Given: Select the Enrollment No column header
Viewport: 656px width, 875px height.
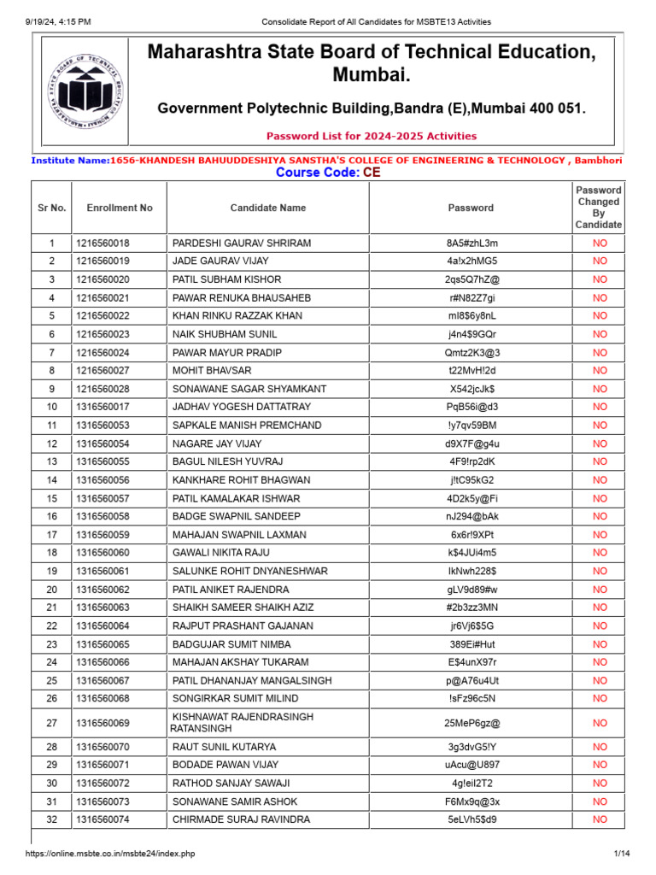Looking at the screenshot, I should pyautogui.click(x=120, y=208).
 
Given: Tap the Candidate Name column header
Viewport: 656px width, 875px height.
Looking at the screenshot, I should pyautogui.click(x=267, y=208).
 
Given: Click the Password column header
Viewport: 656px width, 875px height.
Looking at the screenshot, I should pyautogui.click(x=471, y=208).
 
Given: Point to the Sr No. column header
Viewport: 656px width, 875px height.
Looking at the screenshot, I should pyautogui.click(x=51, y=208).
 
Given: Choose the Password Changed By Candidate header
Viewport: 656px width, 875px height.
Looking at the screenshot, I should pyautogui.click(x=599, y=208).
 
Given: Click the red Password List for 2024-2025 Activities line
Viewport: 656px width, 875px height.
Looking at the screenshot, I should pyautogui.click(x=372, y=136).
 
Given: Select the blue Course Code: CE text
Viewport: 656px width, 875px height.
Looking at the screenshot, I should pyautogui.click(x=328, y=173).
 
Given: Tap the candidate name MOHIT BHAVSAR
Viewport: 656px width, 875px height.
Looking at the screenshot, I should pyautogui.click(x=212, y=371).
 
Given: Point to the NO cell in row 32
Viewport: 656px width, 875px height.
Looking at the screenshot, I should pyautogui.click(x=600, y=819).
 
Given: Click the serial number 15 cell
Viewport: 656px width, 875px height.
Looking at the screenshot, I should pyautogui.click(x=51, y=498).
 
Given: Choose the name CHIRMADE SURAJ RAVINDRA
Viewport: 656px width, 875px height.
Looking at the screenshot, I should pyautogui.click(x=241, y=819).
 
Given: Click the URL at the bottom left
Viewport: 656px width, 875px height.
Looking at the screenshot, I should pyautogui.click(x=110, y=854).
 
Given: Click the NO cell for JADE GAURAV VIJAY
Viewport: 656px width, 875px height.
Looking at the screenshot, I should pyautogui.click(x=600, y=261).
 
